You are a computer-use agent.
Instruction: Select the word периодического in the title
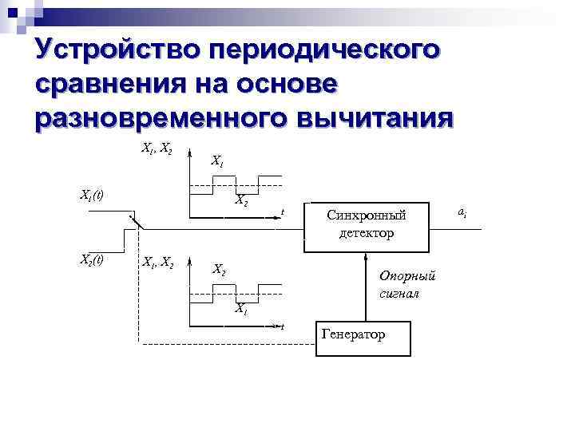coord(324,49)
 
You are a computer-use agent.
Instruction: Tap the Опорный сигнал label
coord(406,284)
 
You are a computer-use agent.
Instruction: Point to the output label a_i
coord(462,212)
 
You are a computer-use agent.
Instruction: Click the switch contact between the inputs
coord(136,222)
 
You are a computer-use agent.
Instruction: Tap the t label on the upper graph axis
coord(283,212)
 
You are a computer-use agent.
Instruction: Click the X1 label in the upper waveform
coord(217,162)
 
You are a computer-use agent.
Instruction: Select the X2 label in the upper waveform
coord(240,201)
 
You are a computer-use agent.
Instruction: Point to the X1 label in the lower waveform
coord(240,309)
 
